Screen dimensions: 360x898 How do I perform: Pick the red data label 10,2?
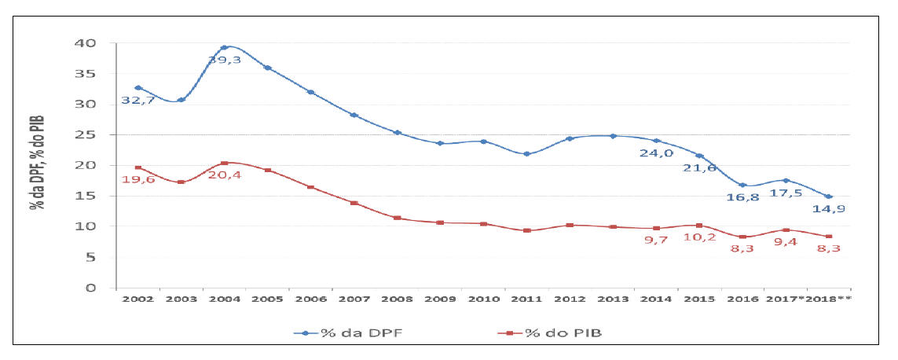(x=698, y=237)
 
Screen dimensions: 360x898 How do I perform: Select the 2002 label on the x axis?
(x=137, y=299)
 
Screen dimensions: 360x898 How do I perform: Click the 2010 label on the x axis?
(x=483, y=299)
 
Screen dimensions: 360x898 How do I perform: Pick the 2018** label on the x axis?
(x=831, y=299)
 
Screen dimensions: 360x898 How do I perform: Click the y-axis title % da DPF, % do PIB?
(x=37, y=162)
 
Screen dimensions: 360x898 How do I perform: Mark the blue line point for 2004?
(x=224, y=47)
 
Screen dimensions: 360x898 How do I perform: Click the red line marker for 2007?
(x=354, y=203)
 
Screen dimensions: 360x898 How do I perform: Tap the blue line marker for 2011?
(x=526, y=154)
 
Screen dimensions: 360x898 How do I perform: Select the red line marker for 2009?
(x=440, y=222)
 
